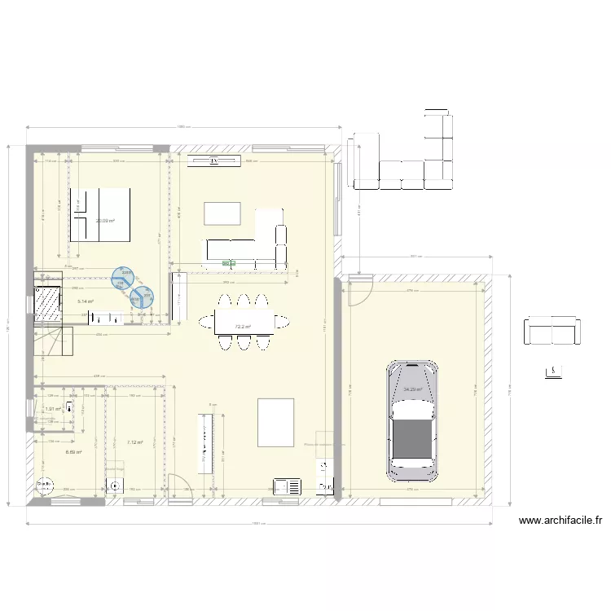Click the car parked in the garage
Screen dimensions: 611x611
[413, 420]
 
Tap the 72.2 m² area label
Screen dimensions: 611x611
[242, 327]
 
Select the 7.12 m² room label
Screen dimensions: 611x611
[134, 442]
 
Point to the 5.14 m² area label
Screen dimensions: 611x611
[86, 301]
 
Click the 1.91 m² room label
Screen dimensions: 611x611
[53, 409]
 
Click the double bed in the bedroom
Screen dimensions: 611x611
[100, 214]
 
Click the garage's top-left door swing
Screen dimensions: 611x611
[359, 289]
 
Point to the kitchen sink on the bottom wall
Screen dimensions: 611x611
[288, 486]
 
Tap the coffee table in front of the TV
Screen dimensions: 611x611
[222, 213]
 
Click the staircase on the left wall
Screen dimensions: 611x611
[54, 342]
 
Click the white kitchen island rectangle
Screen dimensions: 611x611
[275, 421]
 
